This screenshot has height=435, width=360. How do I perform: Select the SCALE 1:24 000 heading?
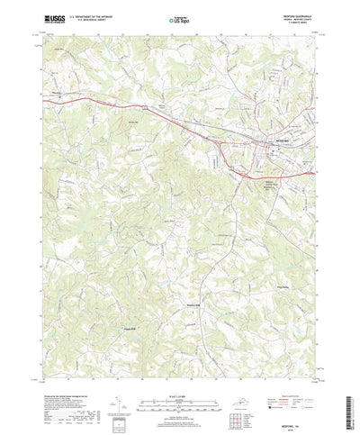pyautogui.click(x=180, y=378)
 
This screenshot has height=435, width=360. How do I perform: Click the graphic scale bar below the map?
pyautogui.click(x=180, y=387)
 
